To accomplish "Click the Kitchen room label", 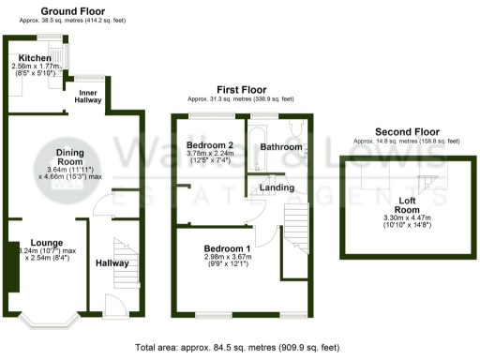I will click(x=34, y=57).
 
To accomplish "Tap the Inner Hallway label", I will click(x=89, y=97).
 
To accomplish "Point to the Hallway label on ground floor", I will click(x=112, y=263).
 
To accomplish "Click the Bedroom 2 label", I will click(x=209, y=146).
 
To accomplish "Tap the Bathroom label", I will click(x=281, y=148).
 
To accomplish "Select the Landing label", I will click(x=277, y=188).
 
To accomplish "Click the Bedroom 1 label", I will click(x=227, y=248).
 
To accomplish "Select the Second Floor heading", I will click(x=407, y=131).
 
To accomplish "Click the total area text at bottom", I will click(x=238, y=346).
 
